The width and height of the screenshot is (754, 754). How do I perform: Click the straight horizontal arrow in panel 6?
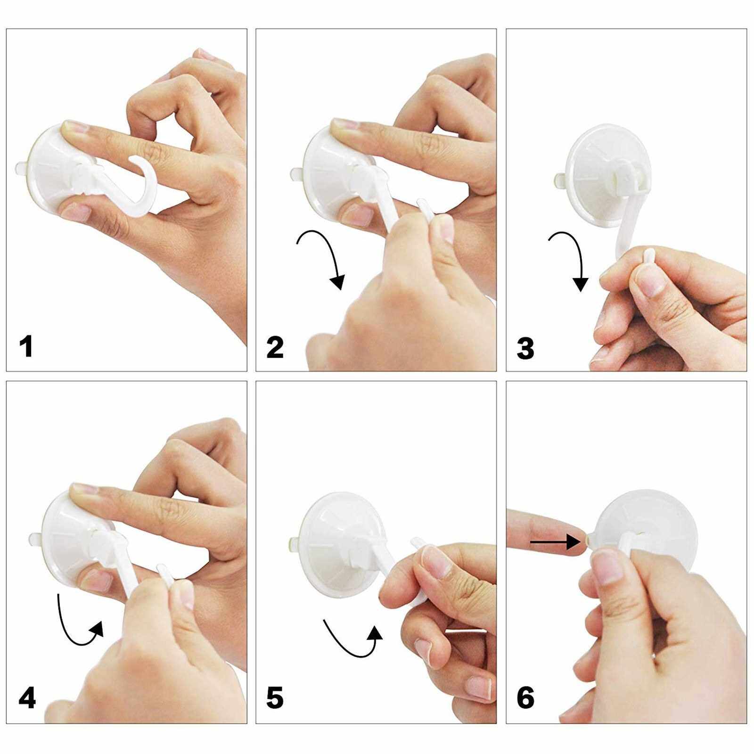(554, 542)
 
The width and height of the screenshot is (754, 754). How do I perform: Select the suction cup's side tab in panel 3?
(559, 180)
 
